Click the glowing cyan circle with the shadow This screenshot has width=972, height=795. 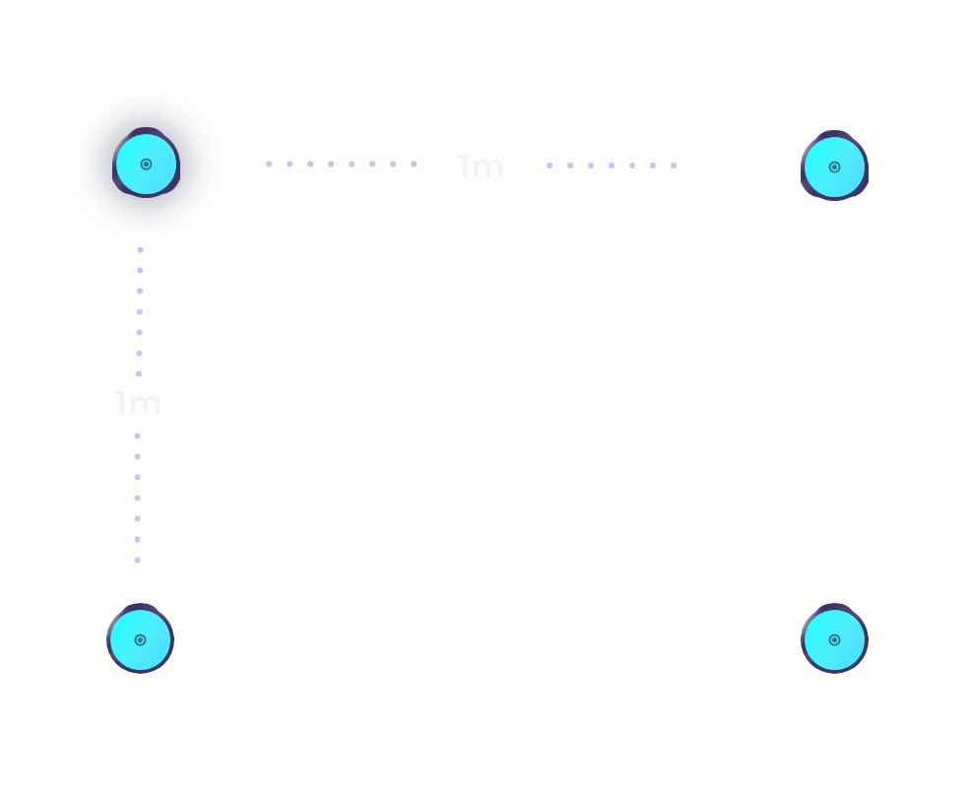(x=147, y=164)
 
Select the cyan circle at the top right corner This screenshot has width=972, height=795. (x=834, y=166)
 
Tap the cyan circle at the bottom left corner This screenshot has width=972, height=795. (x=140, y=639)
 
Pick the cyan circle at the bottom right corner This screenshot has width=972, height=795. (x=834, y=639)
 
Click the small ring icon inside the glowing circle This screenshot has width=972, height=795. (x=147, y=165)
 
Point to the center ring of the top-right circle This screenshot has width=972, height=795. (x=834, y=167)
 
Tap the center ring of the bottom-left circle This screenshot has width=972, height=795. (x=140, y=640)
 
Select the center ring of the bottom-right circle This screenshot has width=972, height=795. (x=834, y=640)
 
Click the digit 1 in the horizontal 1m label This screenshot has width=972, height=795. (x=464, y=166)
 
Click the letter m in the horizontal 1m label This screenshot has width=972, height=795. (x=487, y=169)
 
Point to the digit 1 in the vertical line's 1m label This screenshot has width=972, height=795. (x=121, y=403)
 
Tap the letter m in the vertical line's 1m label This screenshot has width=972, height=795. (x=145, y=406)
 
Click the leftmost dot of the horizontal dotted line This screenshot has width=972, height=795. (x=269, y=164)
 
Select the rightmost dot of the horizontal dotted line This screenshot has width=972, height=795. (x=674, y=166)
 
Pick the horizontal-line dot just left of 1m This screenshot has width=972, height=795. (x=414, y=164)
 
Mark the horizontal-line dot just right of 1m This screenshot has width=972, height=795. (x=550, y=166)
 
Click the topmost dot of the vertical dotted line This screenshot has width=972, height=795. (x=141, y=250)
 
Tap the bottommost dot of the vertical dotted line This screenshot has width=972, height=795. (x=138, y=560)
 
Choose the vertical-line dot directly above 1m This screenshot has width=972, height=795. (x=139, y=374)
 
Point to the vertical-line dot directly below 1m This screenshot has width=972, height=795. (x=138, y=436)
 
